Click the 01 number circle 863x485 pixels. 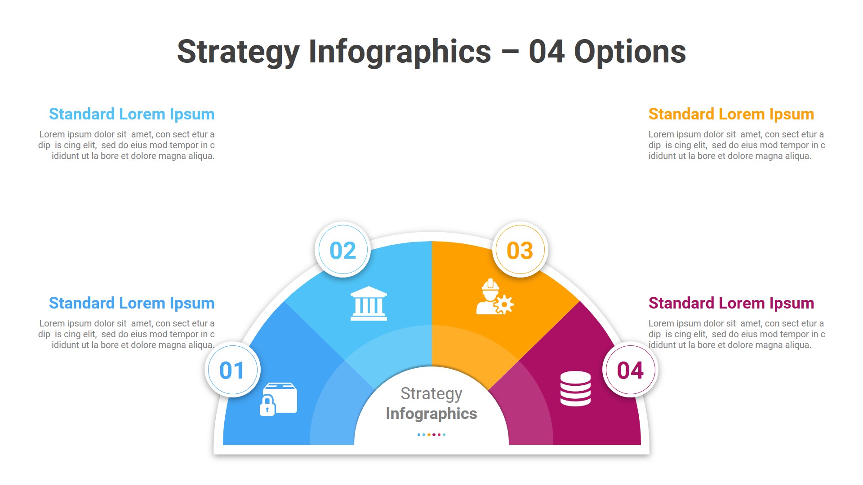(x=232, y=370)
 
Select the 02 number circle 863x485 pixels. (x=343, y=250)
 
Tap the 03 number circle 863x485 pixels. (x=520, y=250)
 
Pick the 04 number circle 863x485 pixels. (x=630, y=370)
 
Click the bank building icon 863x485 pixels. (x=369, y=304)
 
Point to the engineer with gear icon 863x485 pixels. (x=494, y=297)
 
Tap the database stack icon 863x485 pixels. (x=575, y=388)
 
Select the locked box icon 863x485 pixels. (x=279, y=399)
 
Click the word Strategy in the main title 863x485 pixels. (x=238, y=52)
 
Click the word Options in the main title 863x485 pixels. (x=630, y=52)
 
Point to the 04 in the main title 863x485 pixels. (x=547, y=52)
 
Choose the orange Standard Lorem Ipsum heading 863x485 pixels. (x=731, y=114)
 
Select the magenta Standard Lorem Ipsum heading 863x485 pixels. (x=731, y=303)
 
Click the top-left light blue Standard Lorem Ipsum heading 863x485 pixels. (x=132, y=114)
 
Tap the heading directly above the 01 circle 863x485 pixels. (x=132, y=303)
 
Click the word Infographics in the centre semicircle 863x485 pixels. (x=431, y=414)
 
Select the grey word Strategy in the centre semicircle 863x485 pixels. (x=431, y=393)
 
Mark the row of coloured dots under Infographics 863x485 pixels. (x=431, y=435)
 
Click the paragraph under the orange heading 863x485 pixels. (x=736, y=145)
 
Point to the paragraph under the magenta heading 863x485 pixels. (x=736, y=334)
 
